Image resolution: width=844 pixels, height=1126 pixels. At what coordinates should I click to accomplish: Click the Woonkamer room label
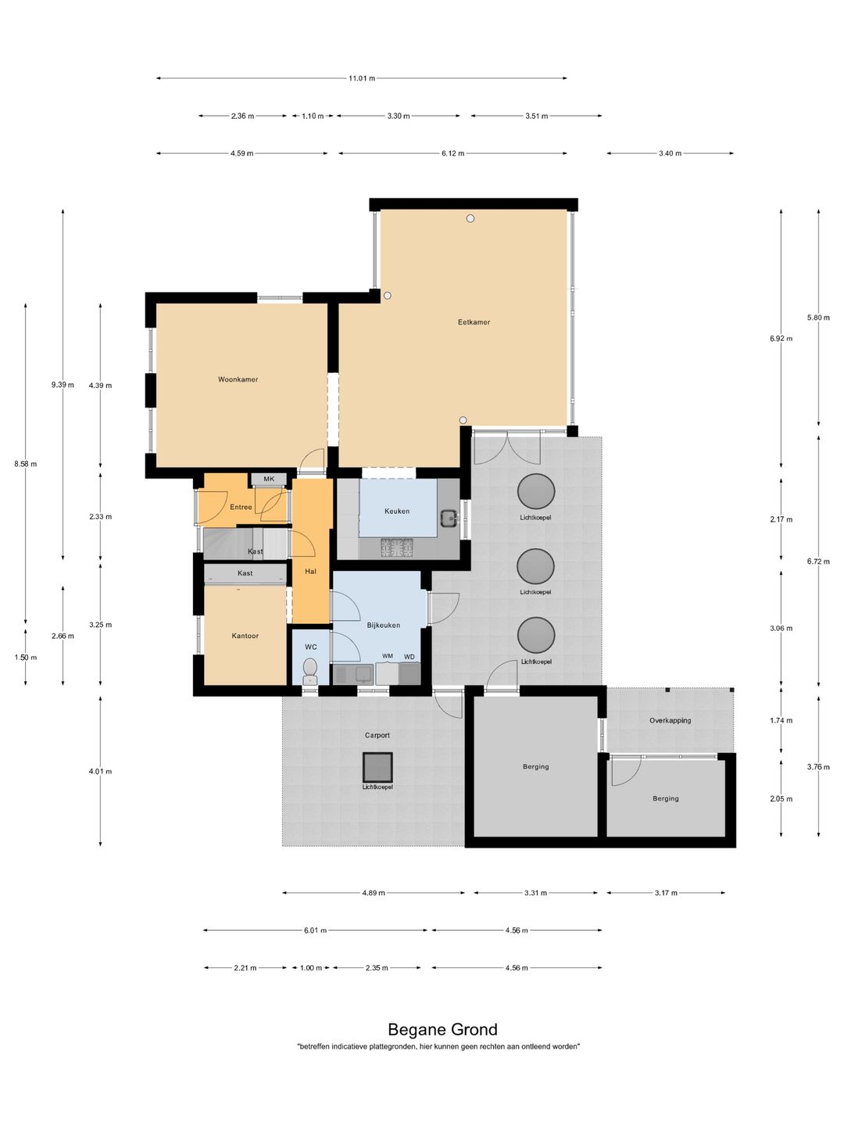(238, 379)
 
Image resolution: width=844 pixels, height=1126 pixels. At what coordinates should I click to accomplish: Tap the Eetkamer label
(474, 322)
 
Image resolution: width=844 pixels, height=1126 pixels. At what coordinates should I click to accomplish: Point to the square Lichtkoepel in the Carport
(377, 767)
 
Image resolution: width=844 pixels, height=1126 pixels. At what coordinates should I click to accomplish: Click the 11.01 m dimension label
(362, 78)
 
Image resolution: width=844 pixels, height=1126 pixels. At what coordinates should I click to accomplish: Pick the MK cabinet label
(269, 479)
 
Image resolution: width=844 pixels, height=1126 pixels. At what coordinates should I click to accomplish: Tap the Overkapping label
(670, 720)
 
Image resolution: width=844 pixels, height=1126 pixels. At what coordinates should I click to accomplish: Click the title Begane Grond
(442, 1030)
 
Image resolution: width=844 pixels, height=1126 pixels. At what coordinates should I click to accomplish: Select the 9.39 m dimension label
(63, 385)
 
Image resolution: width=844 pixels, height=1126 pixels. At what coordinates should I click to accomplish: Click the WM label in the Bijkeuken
(388, 656)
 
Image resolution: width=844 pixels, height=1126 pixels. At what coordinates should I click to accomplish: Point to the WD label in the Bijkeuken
(409, 657)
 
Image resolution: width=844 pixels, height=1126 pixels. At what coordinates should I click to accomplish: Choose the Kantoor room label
(245, 636)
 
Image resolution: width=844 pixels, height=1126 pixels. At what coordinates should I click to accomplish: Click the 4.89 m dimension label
(374, 893)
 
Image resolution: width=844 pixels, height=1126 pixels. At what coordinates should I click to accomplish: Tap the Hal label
(310, 572)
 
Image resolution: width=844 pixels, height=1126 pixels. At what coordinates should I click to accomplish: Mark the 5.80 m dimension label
(818, 317)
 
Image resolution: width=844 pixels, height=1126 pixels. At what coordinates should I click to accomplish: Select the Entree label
(241, 507)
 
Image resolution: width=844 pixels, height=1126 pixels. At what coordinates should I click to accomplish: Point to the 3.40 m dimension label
(670, 153)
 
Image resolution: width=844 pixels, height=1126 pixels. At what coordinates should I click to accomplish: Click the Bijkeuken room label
(383, 626)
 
